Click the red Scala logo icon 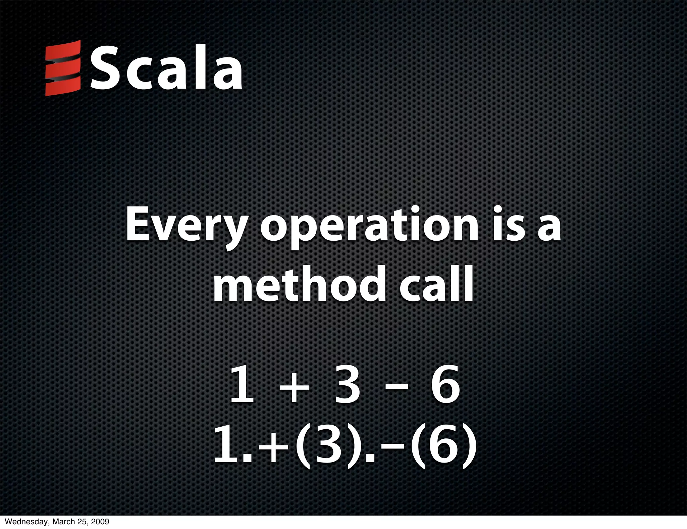pyautogui.click(x=63, y=68)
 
